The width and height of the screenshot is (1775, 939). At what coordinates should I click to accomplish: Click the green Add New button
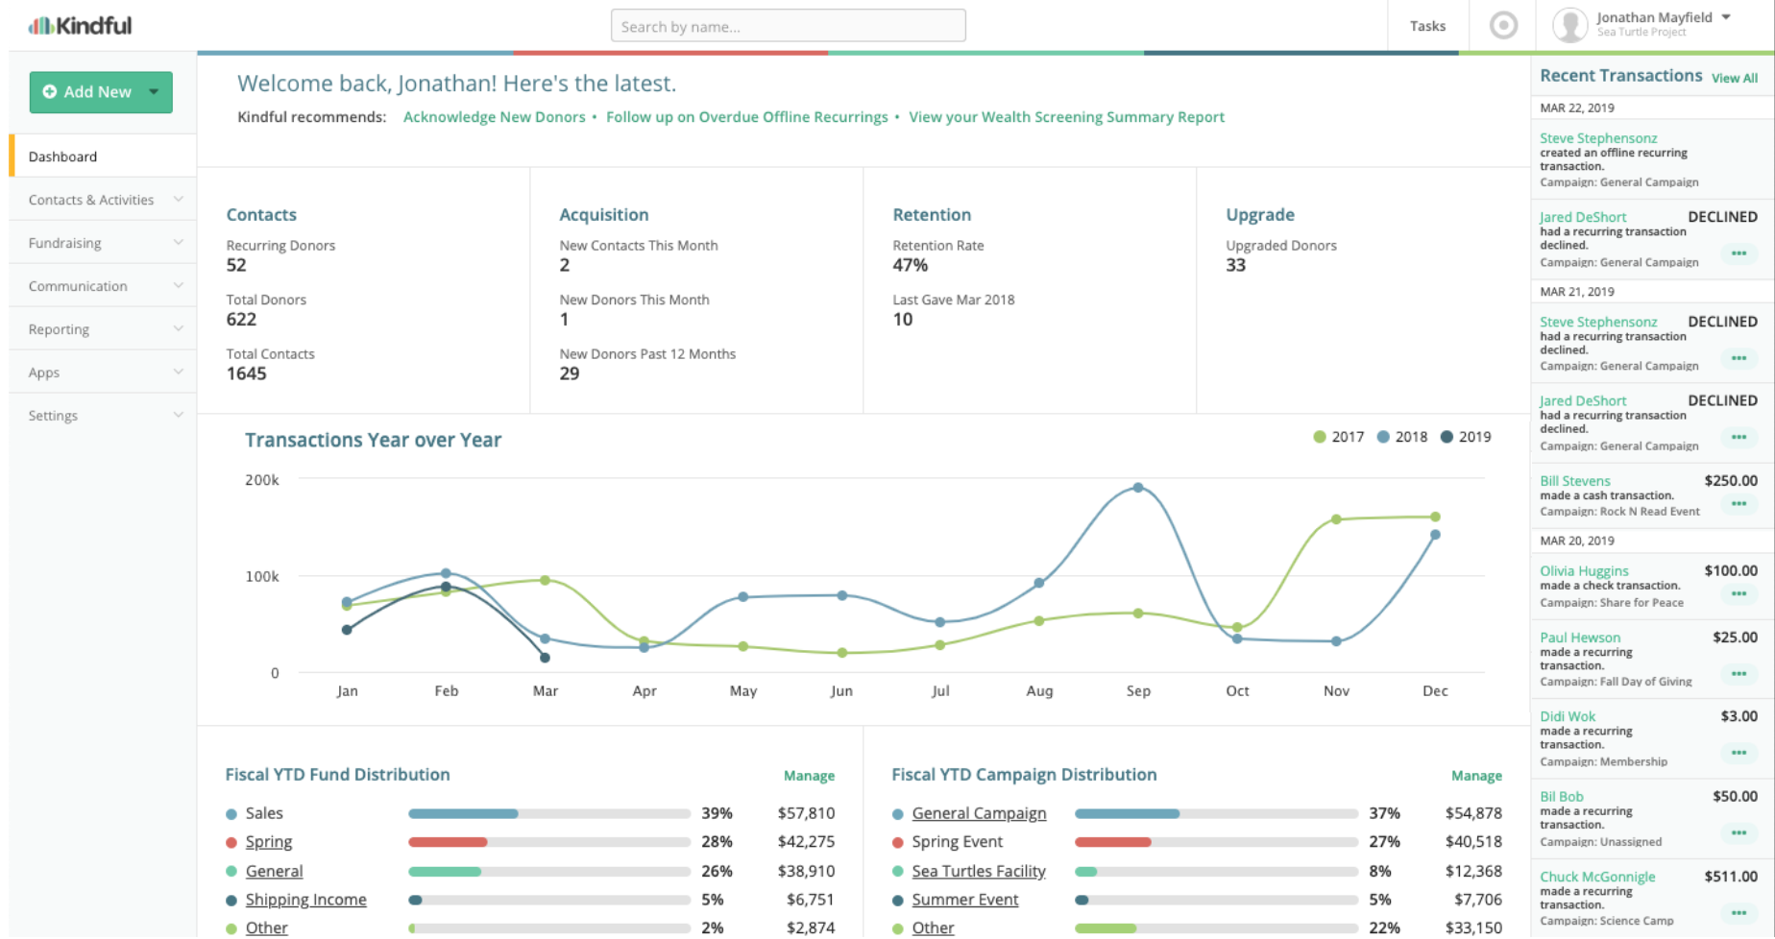100,92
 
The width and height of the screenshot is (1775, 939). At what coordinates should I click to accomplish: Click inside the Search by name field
788,26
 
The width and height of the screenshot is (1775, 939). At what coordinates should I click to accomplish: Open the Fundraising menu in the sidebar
65,243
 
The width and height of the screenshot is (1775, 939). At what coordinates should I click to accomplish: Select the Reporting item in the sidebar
60,329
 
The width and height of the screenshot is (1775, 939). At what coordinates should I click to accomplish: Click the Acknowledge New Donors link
494,117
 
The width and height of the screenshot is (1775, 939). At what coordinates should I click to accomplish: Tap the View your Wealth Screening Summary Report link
1066,117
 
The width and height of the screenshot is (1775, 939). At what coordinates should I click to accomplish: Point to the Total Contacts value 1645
247,373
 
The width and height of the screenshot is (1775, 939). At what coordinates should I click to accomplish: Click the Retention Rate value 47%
911,265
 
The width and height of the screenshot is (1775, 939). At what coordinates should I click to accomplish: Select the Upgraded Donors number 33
1235,265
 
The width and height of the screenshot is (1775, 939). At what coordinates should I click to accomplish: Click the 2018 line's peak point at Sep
1138,488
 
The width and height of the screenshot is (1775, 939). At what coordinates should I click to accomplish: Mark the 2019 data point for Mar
545,658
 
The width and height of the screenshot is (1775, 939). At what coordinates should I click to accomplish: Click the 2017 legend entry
1339,437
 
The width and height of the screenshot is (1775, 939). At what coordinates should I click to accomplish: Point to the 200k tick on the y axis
262,480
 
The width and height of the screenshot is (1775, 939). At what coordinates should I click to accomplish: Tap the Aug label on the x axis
1039,690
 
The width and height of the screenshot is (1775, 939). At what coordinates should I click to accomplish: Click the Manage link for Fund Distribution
809,776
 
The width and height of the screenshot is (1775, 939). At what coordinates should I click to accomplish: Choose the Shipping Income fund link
305,900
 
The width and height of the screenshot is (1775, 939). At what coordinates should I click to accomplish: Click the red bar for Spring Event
1112,842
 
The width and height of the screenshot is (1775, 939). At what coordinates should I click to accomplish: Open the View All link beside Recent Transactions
1735,78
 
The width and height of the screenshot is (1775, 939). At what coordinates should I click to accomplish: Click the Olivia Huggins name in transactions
1584,570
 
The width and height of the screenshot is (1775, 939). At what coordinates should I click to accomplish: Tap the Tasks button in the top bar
1427,26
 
